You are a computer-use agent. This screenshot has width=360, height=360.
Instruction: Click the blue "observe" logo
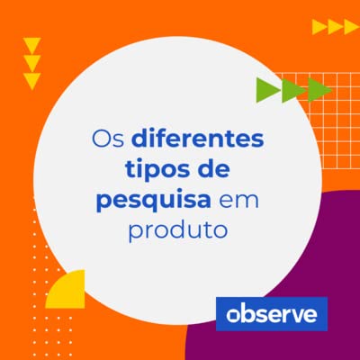coord(271,314)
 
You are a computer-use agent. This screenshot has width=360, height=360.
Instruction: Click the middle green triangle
coord(293,90)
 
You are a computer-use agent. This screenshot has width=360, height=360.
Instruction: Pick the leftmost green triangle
coord(267,90)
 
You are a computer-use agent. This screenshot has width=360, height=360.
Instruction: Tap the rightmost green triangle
coord(319,90)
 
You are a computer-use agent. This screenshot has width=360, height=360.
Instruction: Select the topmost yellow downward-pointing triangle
coord(32,45)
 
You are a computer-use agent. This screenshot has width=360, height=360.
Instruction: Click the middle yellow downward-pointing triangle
coord(32,63)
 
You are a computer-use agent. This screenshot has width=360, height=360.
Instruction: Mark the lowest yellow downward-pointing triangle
coord(32,81)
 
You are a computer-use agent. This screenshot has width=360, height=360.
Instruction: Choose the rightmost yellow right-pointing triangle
coord(352,27)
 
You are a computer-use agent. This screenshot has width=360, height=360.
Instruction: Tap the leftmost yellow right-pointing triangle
coord(319,27)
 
